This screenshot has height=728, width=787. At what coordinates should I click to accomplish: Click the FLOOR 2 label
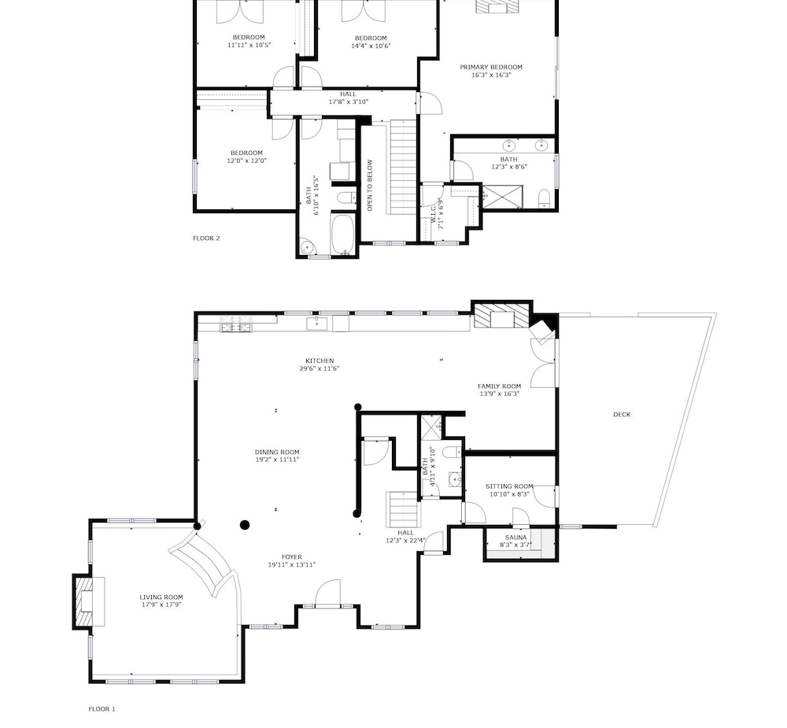tap(206, 238)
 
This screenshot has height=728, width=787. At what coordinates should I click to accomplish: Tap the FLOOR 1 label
tap(102, 709)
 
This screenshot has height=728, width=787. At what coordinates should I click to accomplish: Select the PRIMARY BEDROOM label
tap(491, 67)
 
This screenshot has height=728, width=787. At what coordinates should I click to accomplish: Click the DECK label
tap(622, 414)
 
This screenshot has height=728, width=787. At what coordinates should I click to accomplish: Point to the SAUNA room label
tap(515, 538)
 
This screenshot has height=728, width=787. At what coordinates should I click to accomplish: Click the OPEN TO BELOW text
tap(370, 185)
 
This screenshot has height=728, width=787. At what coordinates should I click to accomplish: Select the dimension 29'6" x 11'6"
tap(320, 368)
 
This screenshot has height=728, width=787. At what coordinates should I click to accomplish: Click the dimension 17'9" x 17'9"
tap(161, 604)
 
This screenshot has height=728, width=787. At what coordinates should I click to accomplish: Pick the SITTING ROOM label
tap(509, 486)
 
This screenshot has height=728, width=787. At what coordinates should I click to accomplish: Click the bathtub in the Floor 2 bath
tap(343, 235)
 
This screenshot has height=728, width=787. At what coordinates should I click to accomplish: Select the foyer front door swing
tap(327, 593)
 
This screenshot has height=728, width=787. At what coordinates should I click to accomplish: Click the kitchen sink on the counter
tap(316, 323)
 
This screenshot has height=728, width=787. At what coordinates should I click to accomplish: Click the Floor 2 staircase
tap(404, 167)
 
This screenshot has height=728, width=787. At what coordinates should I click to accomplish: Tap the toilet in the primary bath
tap(545, 198)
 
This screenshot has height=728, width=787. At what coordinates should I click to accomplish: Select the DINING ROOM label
tap(277, 452)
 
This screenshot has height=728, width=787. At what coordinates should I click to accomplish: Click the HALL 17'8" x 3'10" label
tap(349, 98)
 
